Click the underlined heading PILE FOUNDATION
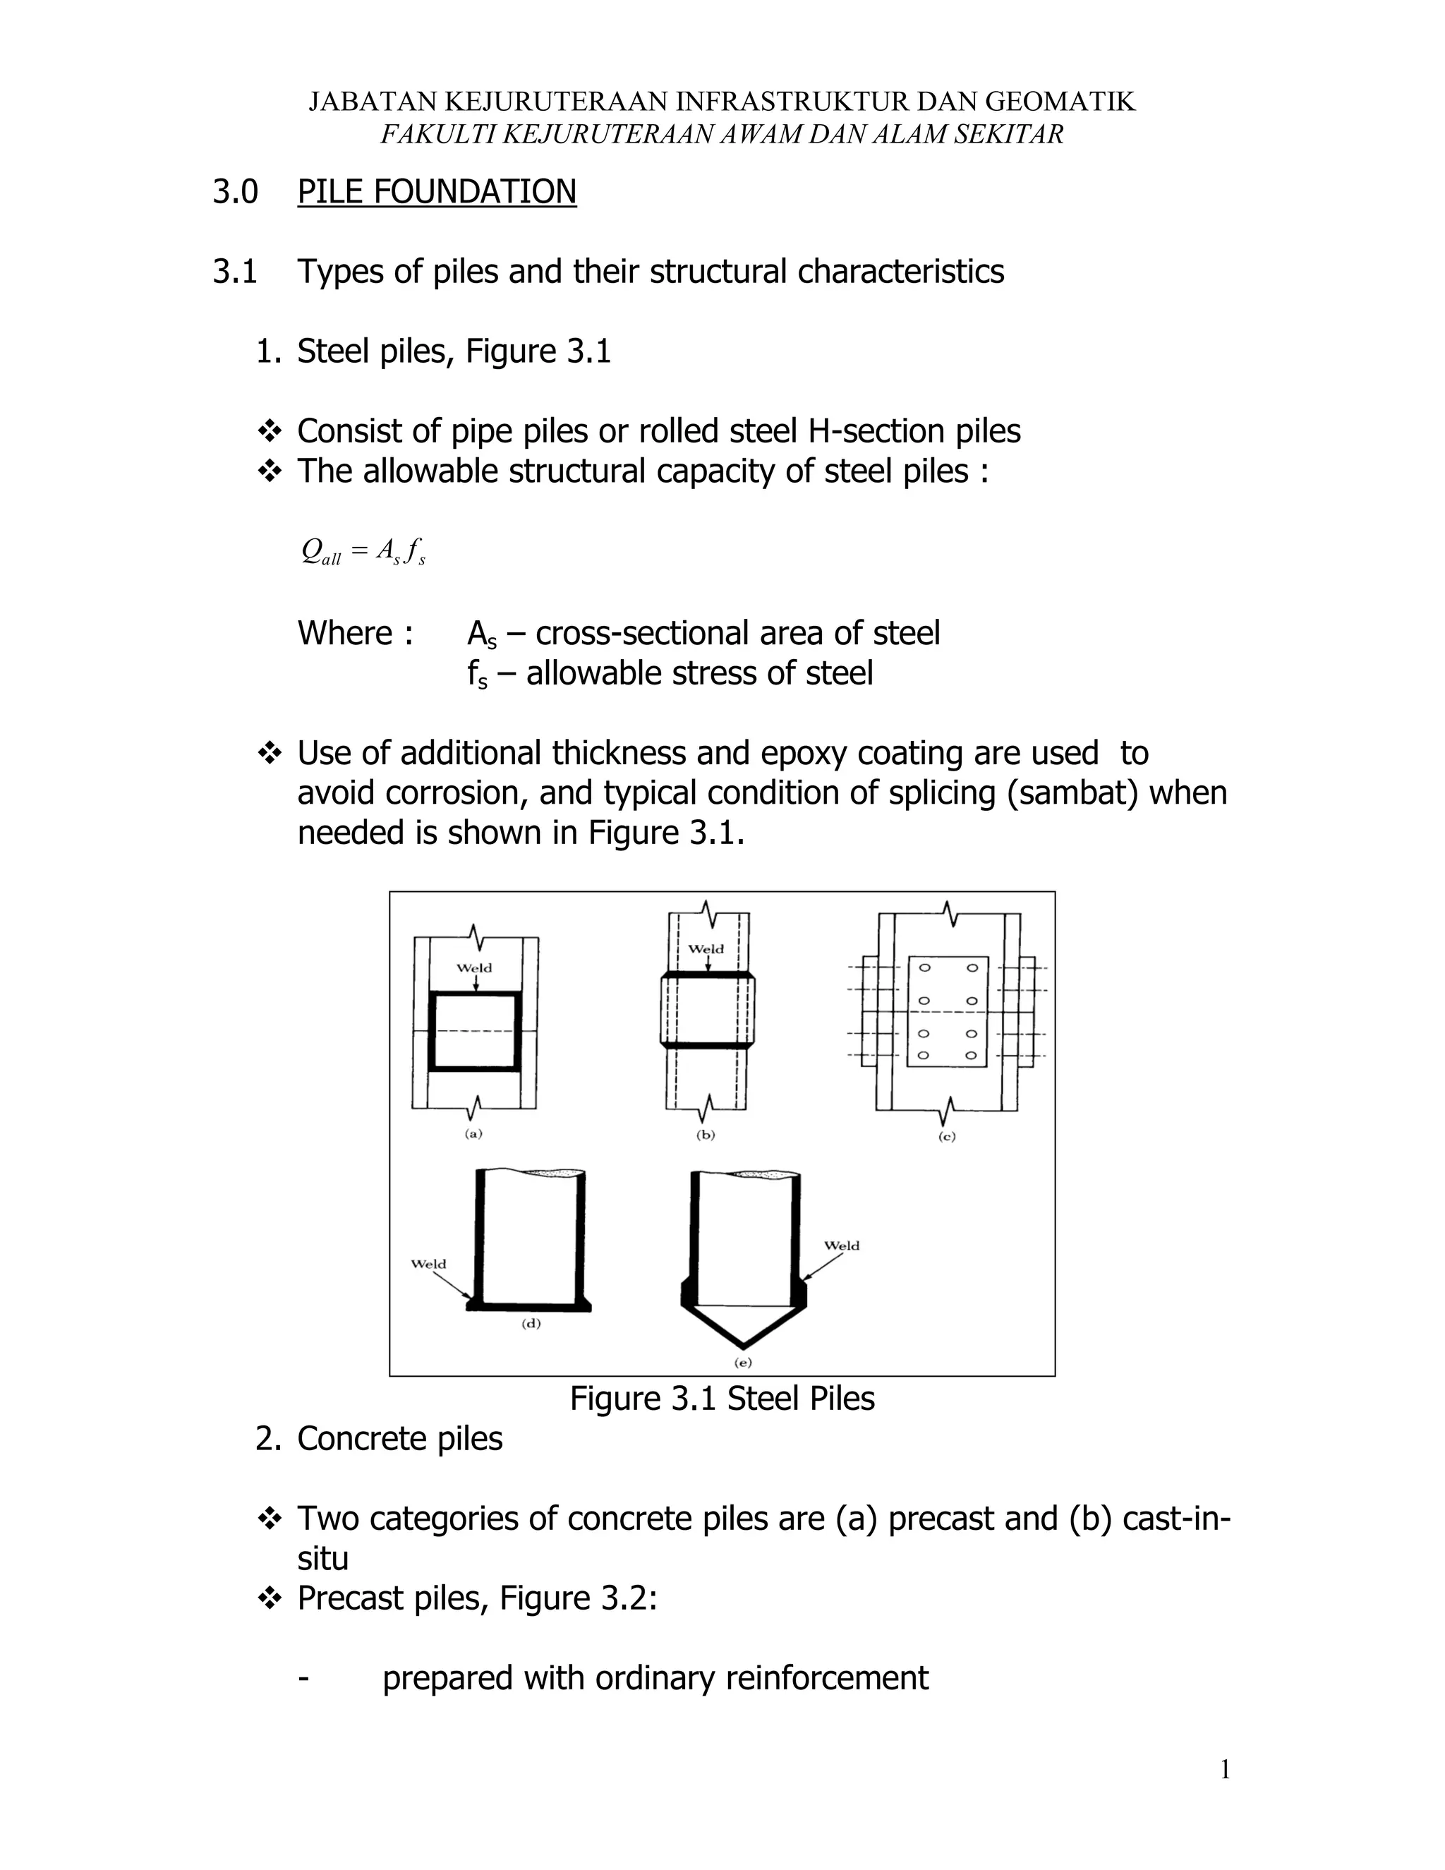pos(437,191)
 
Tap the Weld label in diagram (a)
pos(473,968)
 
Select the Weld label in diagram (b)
pos(706,948)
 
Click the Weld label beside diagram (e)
pos(842,1245)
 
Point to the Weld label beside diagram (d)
pos(428,1264)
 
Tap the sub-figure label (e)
pos(742,1362)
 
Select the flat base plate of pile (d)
pos(529,1307)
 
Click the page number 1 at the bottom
pos(1224,1770)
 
